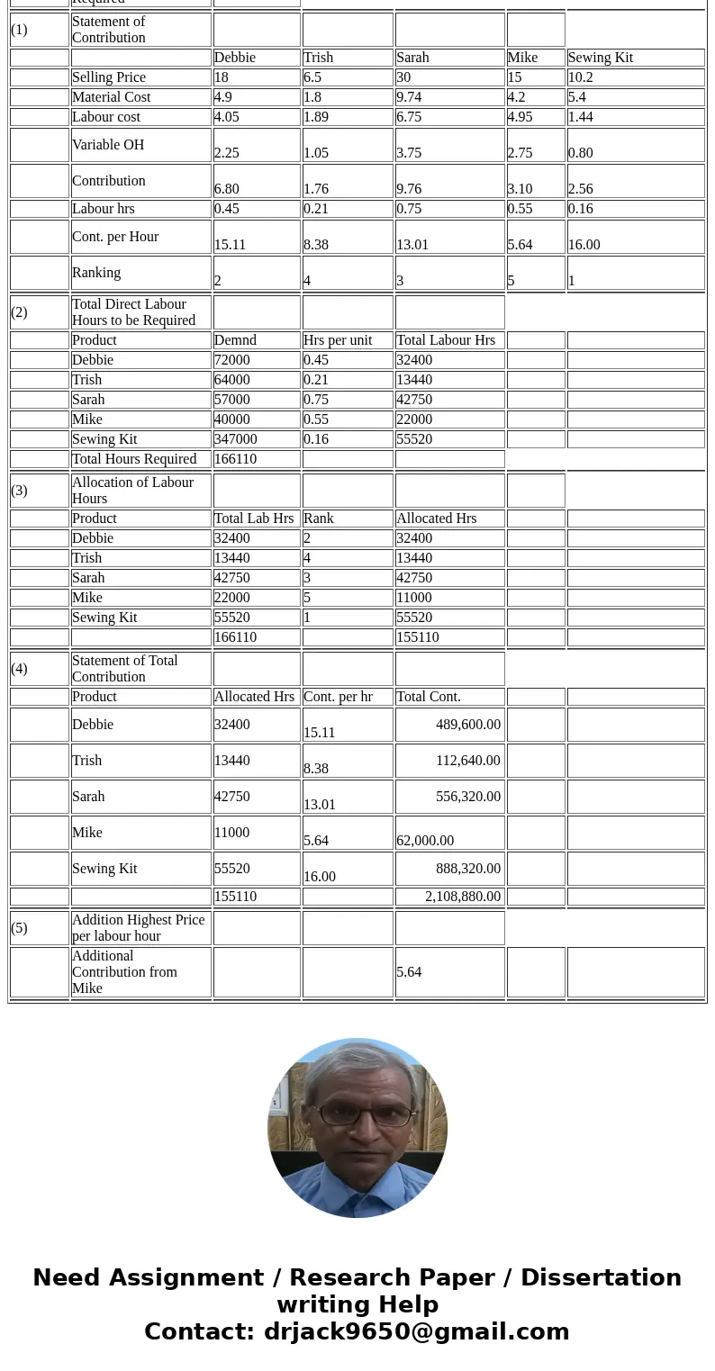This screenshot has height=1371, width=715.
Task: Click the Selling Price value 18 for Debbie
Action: tap(222, 77)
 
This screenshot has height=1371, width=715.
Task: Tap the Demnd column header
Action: tap(235, 340)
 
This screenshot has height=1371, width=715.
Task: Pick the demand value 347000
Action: tap(235, 439)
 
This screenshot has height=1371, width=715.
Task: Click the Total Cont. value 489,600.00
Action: tap(467, 725)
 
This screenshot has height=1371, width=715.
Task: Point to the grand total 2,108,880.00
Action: tap(462, 897)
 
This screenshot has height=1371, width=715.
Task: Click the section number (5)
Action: tap(20, 928)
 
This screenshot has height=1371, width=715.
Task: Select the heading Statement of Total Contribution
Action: tap(124, 669)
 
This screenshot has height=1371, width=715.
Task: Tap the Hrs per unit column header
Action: tap(338, 340)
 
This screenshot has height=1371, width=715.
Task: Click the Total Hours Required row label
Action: tap(134, 459)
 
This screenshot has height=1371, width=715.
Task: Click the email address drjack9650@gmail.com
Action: tap(416, 1332)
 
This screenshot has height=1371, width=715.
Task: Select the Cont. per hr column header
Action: tap(338, 697)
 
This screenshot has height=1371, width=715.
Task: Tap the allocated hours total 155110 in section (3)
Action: tap(418, 637)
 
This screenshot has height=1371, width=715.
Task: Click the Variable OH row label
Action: tap(108, 145)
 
